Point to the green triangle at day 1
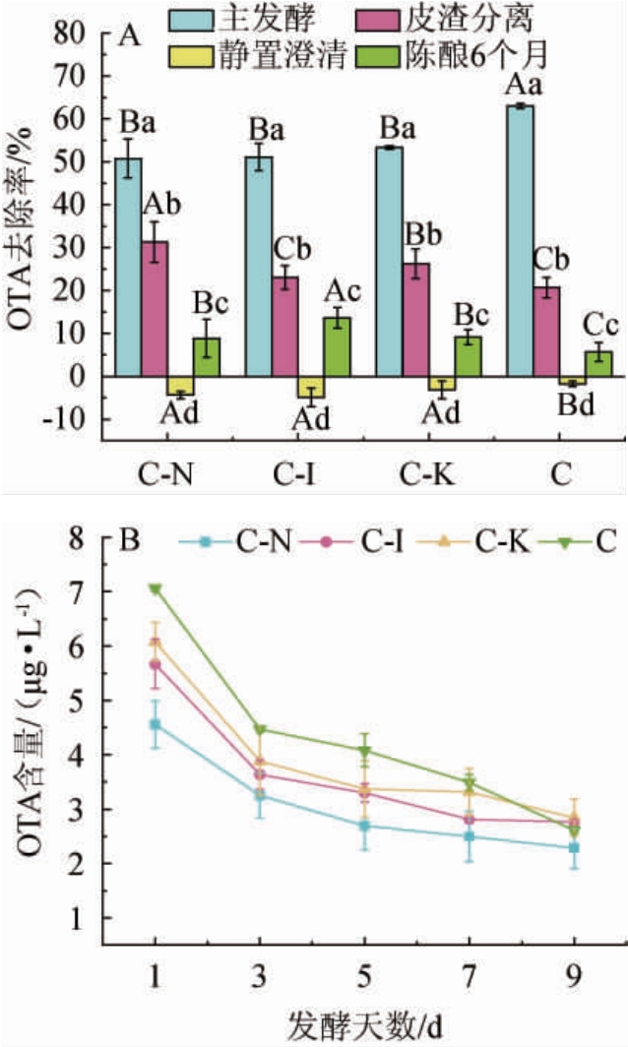(156, 589)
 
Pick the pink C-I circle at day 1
(156, 664)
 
